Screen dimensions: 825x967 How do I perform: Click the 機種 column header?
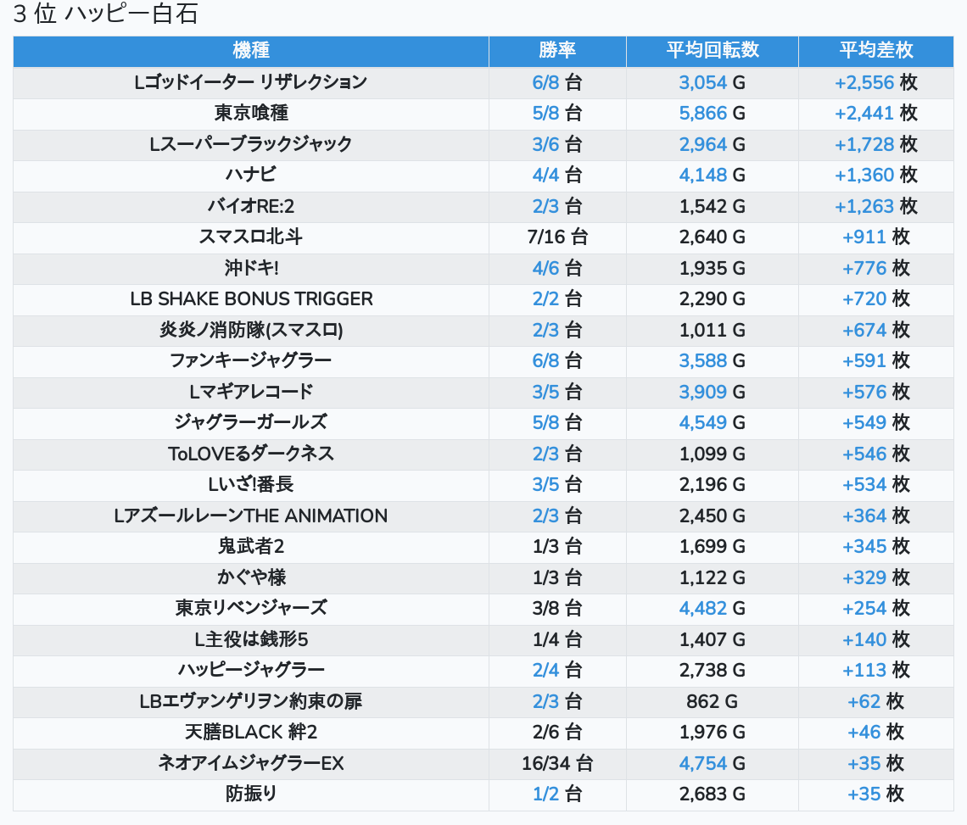(x=251, y=50)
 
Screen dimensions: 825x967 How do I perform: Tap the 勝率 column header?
(x=557, y=50)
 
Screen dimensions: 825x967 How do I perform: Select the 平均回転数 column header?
(x=712, y=50)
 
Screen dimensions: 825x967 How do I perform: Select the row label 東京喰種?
(x=251, y=113)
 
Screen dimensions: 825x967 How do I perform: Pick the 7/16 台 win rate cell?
(x=557, y=237)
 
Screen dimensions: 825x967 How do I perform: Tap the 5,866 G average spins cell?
(x=712, y=113)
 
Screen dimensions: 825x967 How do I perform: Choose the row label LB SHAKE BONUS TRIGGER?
(x=251, y=298)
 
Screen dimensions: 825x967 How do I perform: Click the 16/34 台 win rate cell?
(x=557, y=763)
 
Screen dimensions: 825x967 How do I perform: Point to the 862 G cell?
(x=712, y=701)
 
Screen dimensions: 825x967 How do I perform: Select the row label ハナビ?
(x=251, y=175)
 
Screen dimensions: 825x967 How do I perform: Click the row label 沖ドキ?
(x=251, y=268)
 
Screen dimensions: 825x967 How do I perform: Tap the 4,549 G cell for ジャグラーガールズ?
(x=712, y=422)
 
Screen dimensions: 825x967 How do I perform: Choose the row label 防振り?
(x=251, y=794)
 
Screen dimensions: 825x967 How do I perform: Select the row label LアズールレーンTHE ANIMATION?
(x=251, y=516)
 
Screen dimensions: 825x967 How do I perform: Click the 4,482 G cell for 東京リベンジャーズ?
(x=712, y=608)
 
